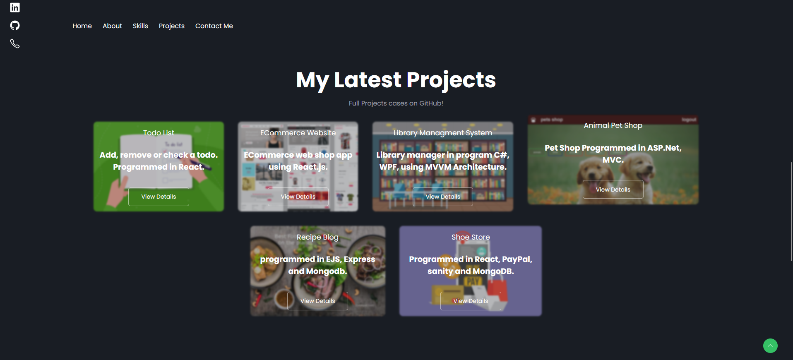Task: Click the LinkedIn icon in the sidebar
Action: click(x=15, y=7)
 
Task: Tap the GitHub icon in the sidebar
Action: click(x=15, y=26)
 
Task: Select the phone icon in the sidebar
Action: click(x=15, y=43)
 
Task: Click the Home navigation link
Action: click(x=82, y=26)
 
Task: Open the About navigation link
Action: click(x=112, y=26)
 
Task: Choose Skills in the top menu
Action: click(x=140, y=26)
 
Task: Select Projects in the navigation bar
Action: click(x=171, y=26)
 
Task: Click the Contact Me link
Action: click(x=214, y=26)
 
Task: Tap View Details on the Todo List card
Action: click(x=159, y=197)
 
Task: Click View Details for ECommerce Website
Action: click(x=298, y=197)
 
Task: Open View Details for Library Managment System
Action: click(x=443, y=197)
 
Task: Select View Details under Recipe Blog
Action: click(x=317, y=301)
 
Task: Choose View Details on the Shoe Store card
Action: click(x=471, y=301)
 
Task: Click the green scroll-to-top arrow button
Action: click(x=770, y=346)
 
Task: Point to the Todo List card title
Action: click(x=159, y=133)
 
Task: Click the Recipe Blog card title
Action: click(x=317, y=237)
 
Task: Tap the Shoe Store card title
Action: click(x=471, y=237)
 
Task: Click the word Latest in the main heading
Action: click(x=368, y=80)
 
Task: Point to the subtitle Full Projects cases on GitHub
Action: click(x=396, y=103)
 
